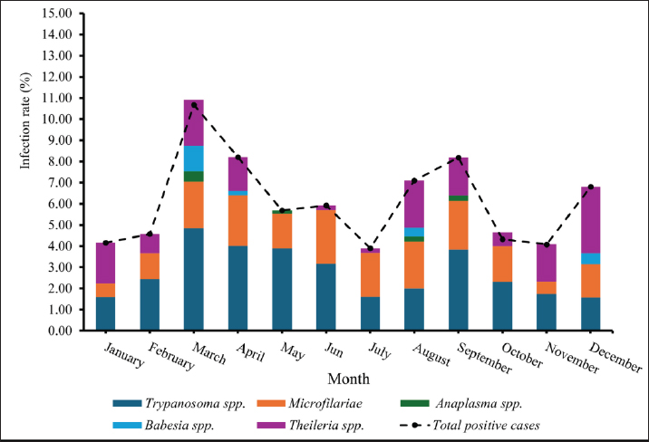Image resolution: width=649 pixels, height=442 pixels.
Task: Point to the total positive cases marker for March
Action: point(194,105)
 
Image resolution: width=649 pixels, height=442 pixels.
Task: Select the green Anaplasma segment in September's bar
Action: point(457,197)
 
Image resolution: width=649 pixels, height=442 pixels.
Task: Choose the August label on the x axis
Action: point(431,352)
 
